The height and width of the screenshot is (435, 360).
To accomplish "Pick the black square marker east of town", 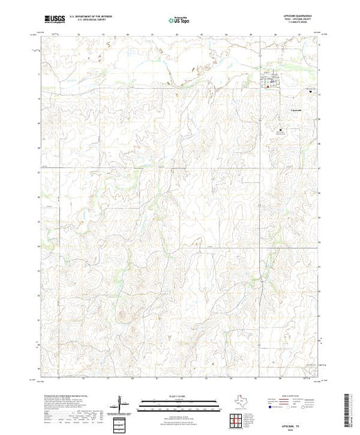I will tap(310, 91).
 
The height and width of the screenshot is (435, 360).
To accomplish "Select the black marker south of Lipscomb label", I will tap(281, 130).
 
